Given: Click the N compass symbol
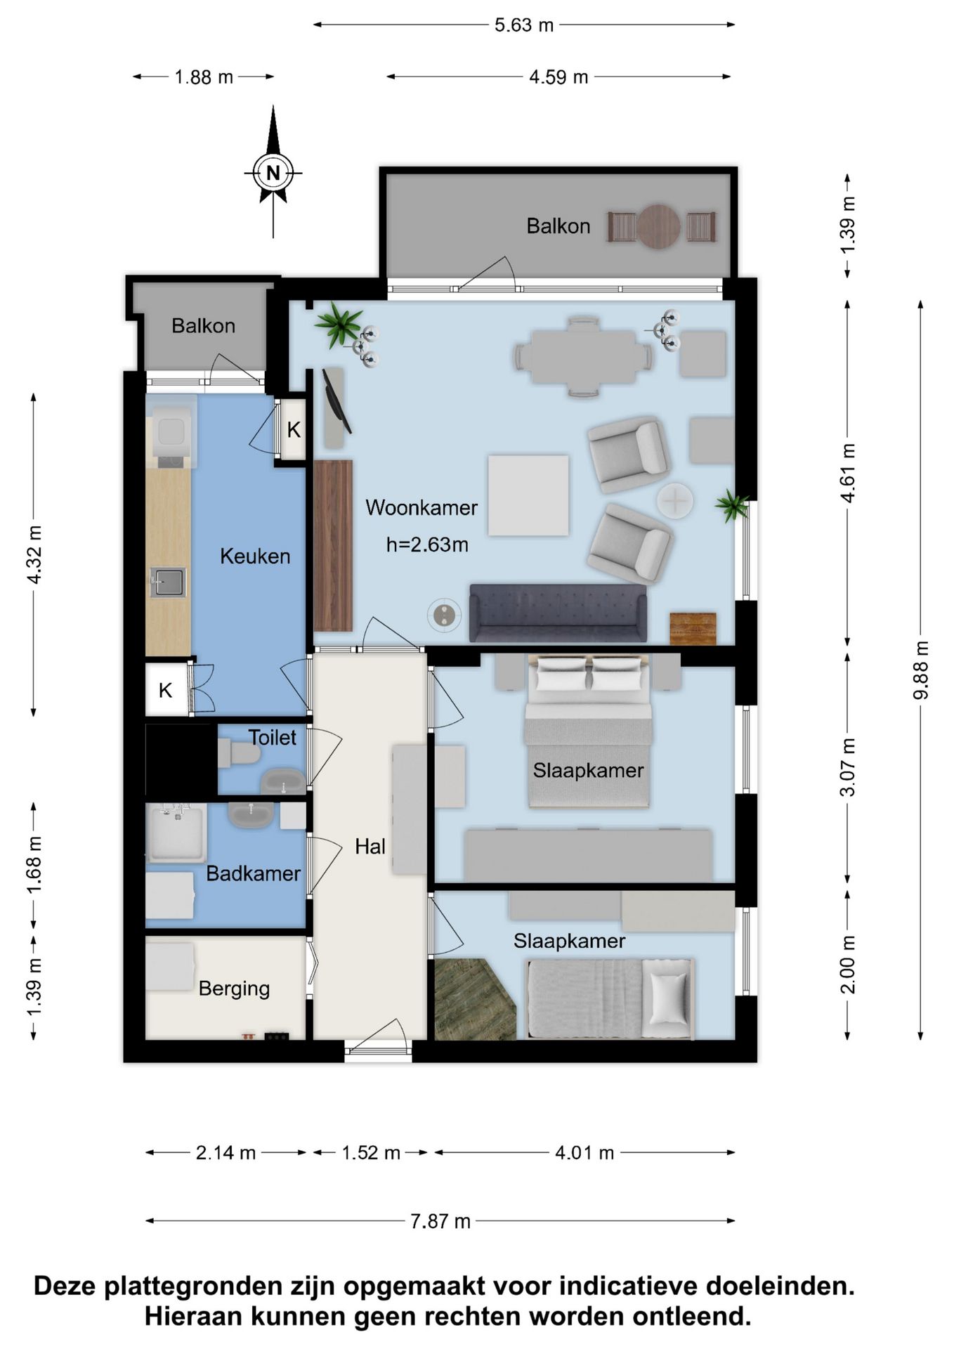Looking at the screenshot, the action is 273,172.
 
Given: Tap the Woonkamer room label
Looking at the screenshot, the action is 422,507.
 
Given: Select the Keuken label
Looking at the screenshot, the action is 255,556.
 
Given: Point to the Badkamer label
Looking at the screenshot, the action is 253,873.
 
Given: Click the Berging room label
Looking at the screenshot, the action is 234,989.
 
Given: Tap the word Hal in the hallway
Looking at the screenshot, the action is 370,846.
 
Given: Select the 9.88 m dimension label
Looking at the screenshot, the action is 920,670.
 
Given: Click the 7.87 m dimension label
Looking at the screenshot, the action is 440,1221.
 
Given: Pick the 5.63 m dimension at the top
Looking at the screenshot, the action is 524,25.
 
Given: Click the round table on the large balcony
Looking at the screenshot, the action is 658,226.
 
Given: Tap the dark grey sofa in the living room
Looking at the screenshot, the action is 558,613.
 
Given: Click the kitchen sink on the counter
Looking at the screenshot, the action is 168,582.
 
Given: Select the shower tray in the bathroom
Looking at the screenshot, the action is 176,833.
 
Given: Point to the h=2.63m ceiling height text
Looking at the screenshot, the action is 427,545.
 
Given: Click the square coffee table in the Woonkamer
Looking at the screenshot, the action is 528,495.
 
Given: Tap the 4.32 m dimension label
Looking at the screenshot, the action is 34,554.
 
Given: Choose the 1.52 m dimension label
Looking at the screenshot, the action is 371,1153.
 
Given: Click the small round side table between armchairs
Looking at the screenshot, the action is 675,501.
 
